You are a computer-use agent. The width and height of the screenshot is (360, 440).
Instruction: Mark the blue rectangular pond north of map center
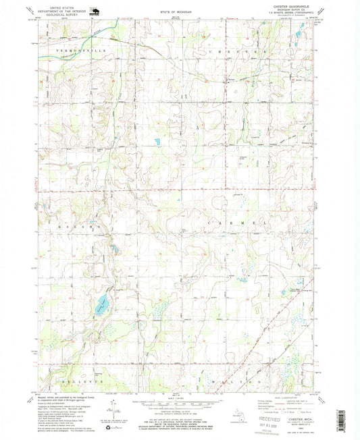click(x=156, y=142)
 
